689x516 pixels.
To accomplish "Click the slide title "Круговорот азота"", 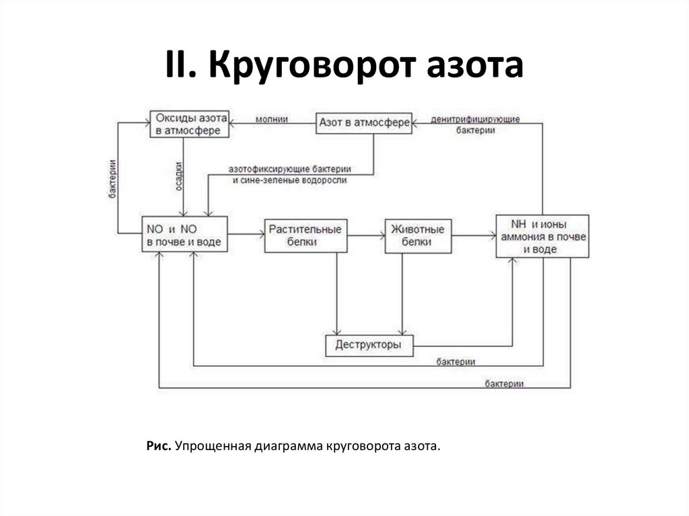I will click(367, 67).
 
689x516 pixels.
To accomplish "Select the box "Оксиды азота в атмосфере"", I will click(188, 124).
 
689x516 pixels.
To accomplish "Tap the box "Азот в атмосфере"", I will click(363, 123).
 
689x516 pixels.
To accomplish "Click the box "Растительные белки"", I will click(305, 235).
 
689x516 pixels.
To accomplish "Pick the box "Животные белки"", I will click(417, 235).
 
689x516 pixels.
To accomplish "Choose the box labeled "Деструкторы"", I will click(369, 345).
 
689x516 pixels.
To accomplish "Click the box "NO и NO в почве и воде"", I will click(184, 234).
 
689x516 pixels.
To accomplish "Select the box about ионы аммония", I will click(542, 236).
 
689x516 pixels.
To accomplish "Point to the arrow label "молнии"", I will click(272, 119).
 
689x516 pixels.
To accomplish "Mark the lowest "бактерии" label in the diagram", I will click(504, 383).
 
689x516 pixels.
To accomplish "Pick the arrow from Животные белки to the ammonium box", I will click(474, 235).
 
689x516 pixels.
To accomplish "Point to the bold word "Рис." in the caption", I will click(159, 446).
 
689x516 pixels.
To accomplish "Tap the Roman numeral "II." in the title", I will click(182, 67).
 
